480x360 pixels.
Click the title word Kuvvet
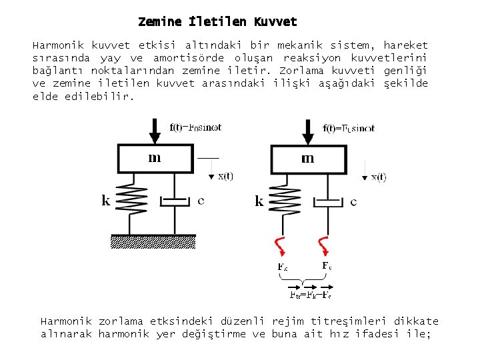(x=275, y=22)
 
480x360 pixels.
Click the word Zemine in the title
(x=159, y=22)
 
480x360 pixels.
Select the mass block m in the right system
(x=307, y=159)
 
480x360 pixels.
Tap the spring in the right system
(x=288, y=200)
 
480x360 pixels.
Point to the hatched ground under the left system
(x=154, y=239)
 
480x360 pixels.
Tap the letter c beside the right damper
(x=353, y=201)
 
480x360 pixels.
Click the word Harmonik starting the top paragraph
(x=58, y=45)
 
